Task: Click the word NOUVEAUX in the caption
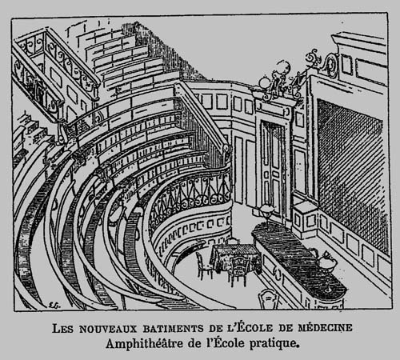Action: click(x=108, y=328)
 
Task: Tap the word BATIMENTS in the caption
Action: click(x=173, y=328)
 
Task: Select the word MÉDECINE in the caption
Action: click(x=325, y=327)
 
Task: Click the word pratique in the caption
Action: click(x=273, y=344)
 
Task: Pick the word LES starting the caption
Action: click(x=62, y=328)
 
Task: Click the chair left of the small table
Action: click(x=204, y=266)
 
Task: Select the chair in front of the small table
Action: click(x=238, y=270)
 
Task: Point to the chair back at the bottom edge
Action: click(x=269, y=299)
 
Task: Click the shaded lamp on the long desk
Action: click(x=267, y=210)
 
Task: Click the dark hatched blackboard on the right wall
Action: click(x=350, y=174)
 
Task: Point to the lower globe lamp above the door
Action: click(x=265, y=80)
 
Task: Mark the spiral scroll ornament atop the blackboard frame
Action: click(x=331, y=64)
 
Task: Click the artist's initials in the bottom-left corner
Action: click(x=52, y=305)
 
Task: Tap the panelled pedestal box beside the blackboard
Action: click(x=305, y=220)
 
